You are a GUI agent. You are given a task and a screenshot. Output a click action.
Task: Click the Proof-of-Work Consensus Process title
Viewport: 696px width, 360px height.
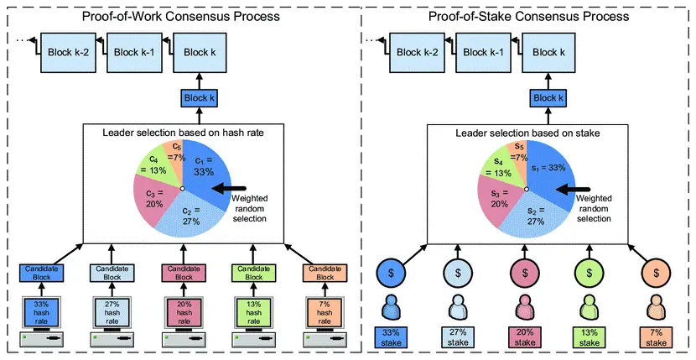tap(180, 17)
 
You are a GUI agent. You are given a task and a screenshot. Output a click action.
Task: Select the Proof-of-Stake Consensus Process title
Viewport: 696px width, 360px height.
tap(528, 17)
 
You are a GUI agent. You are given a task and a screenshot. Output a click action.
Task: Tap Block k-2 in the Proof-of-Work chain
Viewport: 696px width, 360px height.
tap(68, 52)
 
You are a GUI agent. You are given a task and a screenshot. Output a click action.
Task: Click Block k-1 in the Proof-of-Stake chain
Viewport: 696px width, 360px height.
tap(483, 52)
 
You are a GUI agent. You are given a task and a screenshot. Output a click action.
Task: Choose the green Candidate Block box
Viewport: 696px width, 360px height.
tap(254, 274)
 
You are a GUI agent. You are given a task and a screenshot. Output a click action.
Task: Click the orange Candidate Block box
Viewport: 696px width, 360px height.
tap(325, 274)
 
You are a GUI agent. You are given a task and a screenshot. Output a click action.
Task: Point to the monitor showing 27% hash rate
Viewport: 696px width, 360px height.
tap(112, 312)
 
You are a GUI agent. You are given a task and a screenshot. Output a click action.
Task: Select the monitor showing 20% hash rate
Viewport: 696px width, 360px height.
tap(184, 312)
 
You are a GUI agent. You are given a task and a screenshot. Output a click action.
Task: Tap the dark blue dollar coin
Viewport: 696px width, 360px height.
tap(391, 273)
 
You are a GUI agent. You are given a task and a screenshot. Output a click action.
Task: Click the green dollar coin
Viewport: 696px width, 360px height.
tap(590, 273)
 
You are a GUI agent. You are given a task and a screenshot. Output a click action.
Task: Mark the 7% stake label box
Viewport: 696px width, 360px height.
tap(656, 337)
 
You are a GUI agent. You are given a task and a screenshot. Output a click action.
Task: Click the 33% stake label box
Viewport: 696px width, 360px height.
tap(391, 337)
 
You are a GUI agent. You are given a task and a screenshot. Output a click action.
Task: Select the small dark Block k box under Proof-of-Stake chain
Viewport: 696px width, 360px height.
tap(548, 98)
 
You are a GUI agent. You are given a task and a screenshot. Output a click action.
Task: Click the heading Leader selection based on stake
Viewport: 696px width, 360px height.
tap(527, 133)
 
